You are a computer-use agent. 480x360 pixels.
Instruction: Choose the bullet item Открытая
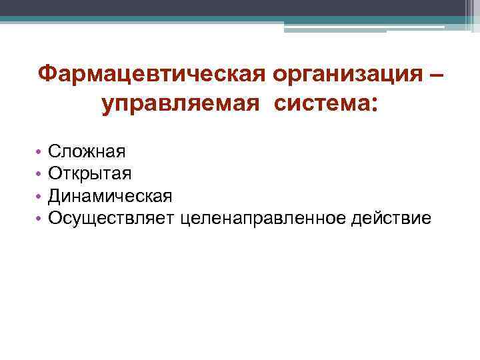click(89, 173)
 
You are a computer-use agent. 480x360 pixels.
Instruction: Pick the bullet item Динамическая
click(110, 195)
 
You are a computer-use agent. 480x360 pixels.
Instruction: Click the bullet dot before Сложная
click(40, 152)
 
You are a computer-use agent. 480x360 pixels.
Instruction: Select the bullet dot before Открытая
click(40, 174)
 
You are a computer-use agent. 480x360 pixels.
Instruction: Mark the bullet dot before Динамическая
click(40, 196)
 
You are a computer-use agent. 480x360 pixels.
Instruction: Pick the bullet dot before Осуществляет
click(40, 218)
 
